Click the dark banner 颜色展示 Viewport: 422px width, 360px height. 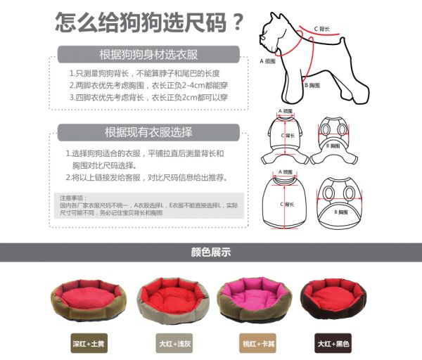pyautogui.click(x=211, y=252)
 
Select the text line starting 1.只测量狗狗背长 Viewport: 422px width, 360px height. pyautogui.click(x=146, y=73)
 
